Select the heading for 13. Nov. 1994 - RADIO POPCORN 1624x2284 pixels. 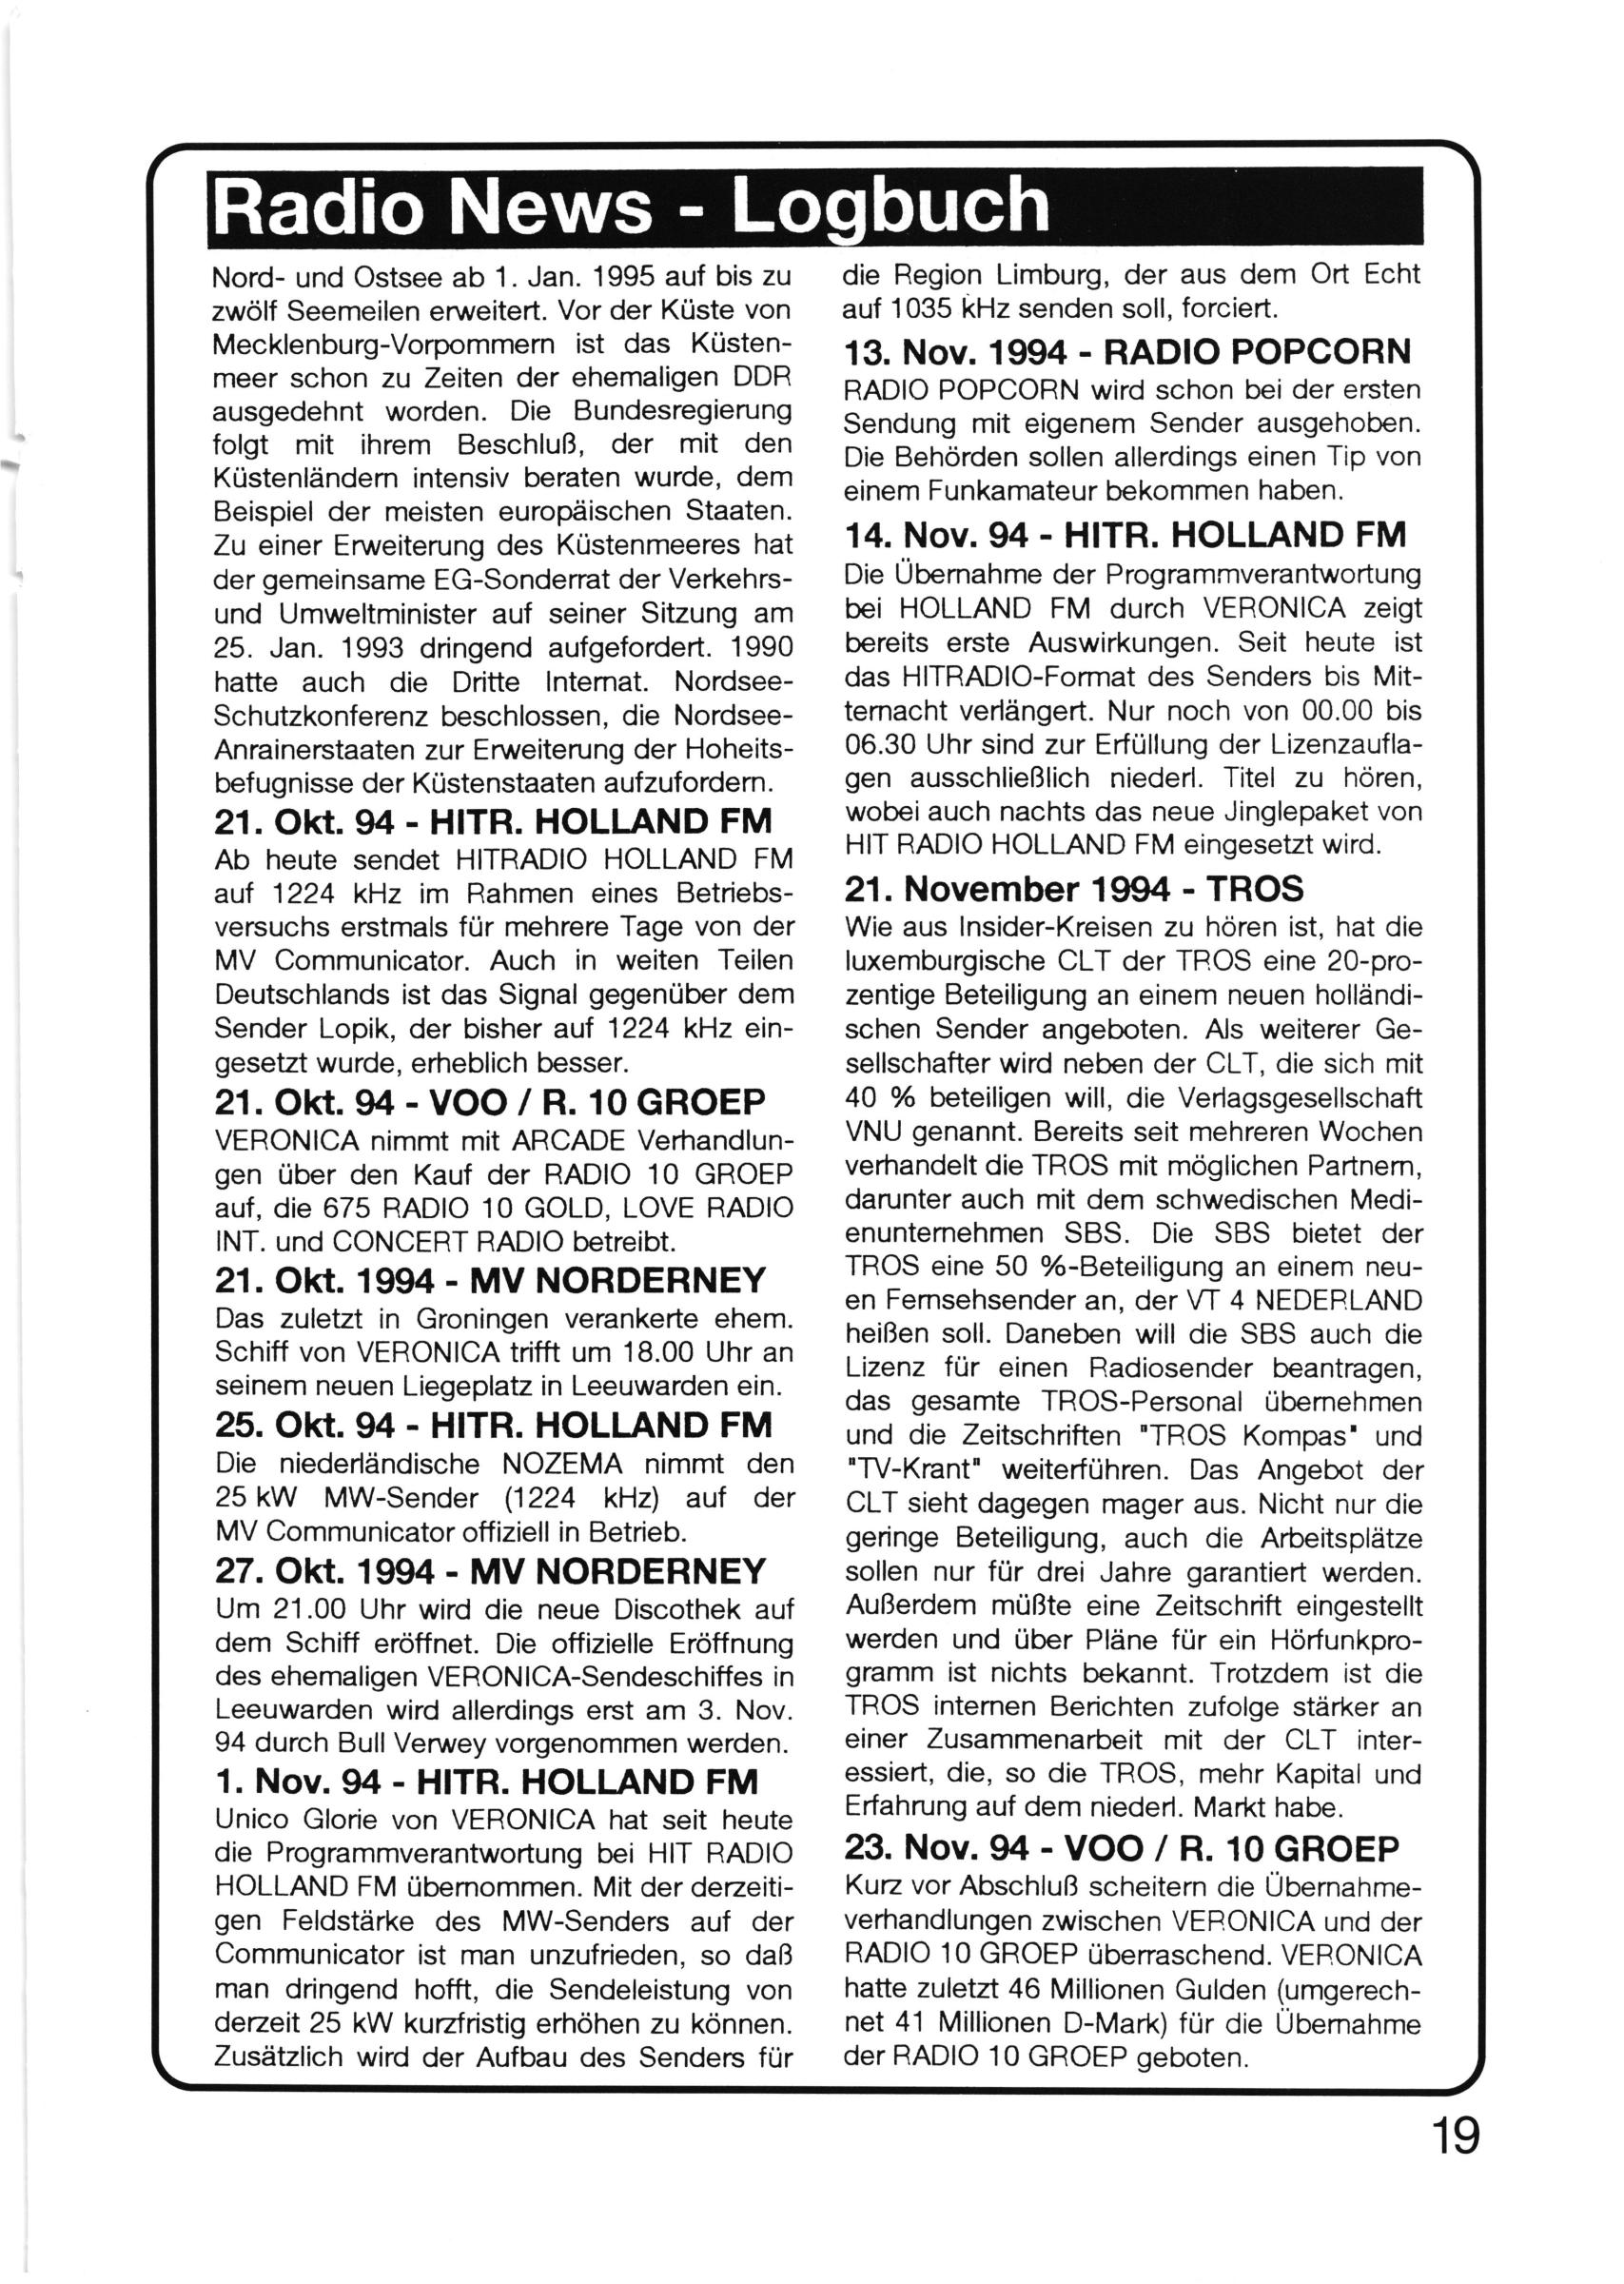pyautogui.click(x=1127, y=352)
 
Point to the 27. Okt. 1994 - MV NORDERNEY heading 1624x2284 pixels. pyautogui.click(x=490, y=1571)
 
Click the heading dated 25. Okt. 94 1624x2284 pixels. pyautogui.click(x=493, y=1424)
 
